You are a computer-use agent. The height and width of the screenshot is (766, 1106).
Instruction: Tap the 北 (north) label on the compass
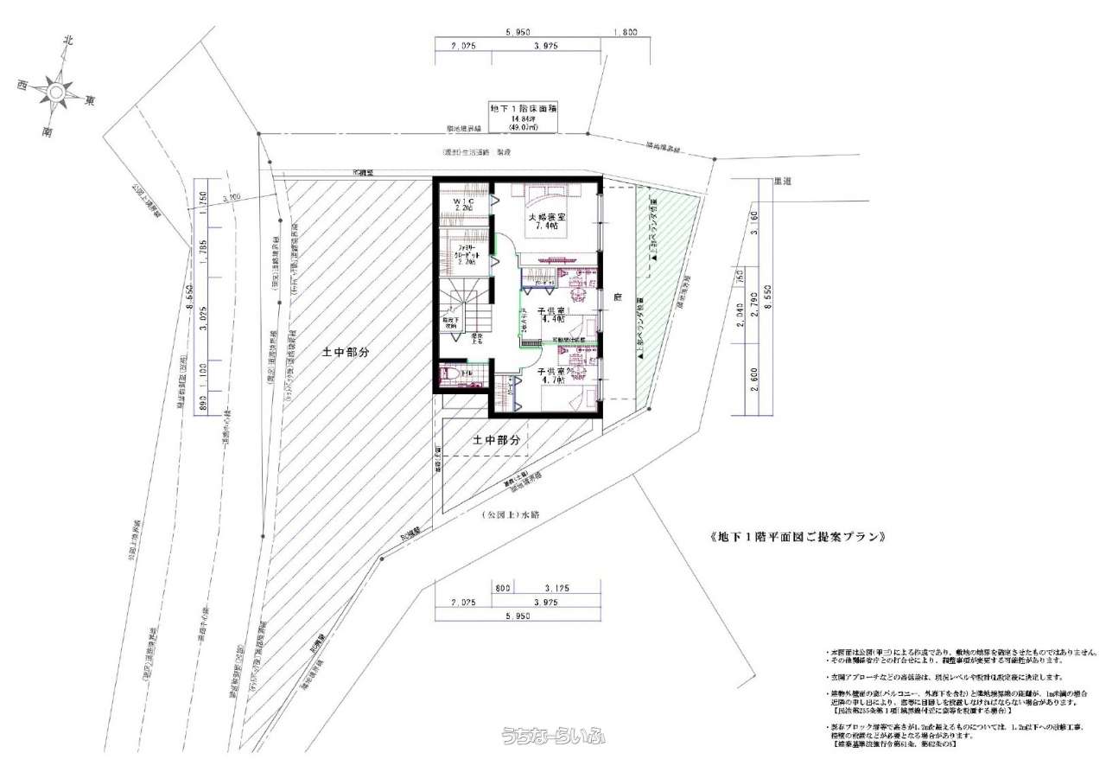(x=67, y=40)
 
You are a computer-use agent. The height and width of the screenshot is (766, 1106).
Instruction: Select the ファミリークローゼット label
(x=466, y=256)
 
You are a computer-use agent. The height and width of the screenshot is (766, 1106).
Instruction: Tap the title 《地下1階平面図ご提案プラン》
(x=798, y=537)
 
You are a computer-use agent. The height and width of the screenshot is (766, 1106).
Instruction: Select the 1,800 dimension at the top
(x=625, y=32)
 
